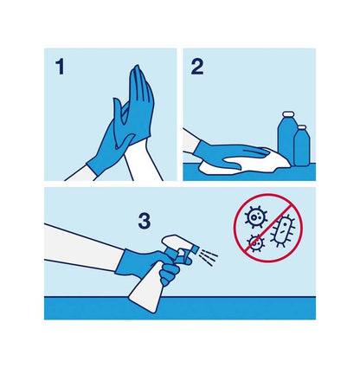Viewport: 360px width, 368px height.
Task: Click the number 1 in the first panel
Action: click(x=60, y=67)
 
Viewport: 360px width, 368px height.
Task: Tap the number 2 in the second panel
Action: click(x=197, y=67)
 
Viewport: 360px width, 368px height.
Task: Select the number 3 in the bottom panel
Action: click(x=145, y=222)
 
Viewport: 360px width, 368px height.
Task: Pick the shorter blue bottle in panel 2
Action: click(x=302, y=147)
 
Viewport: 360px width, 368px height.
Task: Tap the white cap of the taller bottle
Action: click(x=287, y=113)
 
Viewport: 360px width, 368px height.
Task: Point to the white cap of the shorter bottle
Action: click(x=302, y=127)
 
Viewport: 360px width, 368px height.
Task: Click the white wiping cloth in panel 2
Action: click(x=245, y=164)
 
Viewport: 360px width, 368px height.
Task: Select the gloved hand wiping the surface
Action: click(x=228, y=154)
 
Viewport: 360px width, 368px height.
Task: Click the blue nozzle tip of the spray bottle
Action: click(x=195, y=249)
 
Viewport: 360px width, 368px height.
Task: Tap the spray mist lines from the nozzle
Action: click(x=209, y=256)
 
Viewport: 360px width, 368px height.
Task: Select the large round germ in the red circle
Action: click(x=255, y=216)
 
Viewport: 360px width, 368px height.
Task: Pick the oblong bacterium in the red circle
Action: click(x=283, y=230)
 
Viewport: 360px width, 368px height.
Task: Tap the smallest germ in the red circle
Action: click(x=255, y=243)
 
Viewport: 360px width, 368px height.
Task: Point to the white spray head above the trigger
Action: click(x=177, y=242)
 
